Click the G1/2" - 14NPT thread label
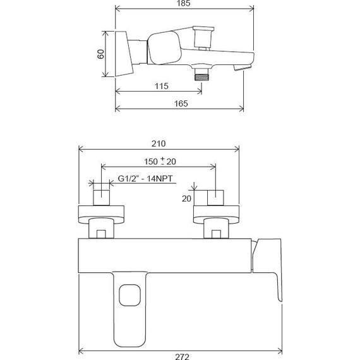click(146, 181)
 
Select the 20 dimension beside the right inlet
click(186, 198)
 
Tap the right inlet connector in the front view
click(216, 198)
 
